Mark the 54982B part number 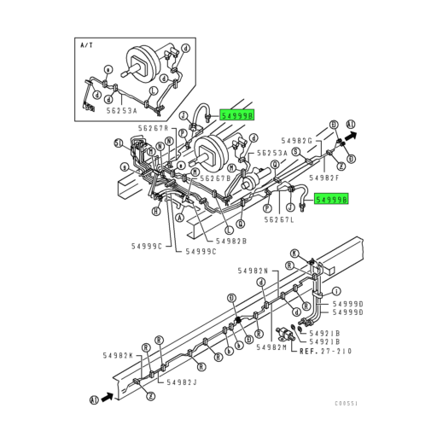pyautogui.click(x=231, y=242)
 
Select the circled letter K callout pyautogui.click(x=295, y=253)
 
